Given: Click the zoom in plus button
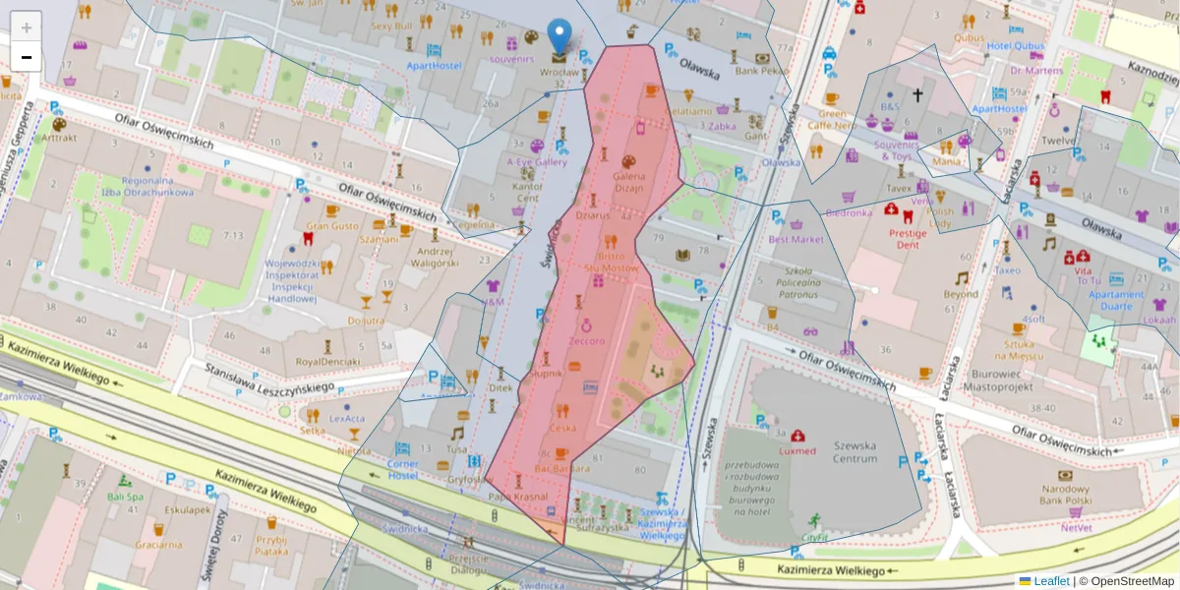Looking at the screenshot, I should pyautogui.click(x=27, y=28).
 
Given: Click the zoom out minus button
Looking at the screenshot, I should pyautogui.click(x=27, y=57).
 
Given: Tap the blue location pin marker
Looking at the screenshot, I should pyautogui.click(x=559, y=35).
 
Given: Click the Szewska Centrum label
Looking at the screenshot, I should pyautogui.click(x=854, y=451).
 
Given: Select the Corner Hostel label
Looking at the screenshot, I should pyautogui.click(x=402, y=469).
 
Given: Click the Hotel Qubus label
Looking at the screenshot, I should pyautogui.click(x=1015, y=45).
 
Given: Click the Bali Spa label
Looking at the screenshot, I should pyautogui.click(x=125, y=497).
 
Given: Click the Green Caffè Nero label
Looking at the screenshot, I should pyautogui.click(x=832, y=119).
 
